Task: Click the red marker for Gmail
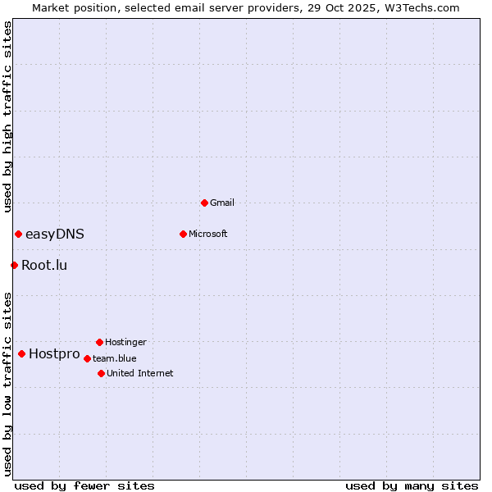click(x=204, y=203)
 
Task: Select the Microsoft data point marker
click(x=183, y=234)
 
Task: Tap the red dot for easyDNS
click(x=18, y=234)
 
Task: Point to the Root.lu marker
click(x=14, y=265)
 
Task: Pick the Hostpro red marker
click(x=21, y=353)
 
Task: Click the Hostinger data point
click(x=99, y=342)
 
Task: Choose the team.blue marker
click(x=87, y=358)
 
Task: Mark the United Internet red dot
click(x=101, y=373)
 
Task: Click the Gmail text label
click(x=222, y=203)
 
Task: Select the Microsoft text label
click(x=208, y=234)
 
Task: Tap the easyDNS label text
click(x=55, y=234)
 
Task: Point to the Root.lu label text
click(x=44, y=265)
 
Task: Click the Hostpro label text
click(x=54, y=354)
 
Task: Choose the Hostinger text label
click(x=125, y=342)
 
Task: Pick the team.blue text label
click(x=115, y=358)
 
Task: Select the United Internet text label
click(x=140, y=373)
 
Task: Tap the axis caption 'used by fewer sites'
click(x=84, y=485)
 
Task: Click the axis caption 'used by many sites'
click(x=412, y=485)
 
